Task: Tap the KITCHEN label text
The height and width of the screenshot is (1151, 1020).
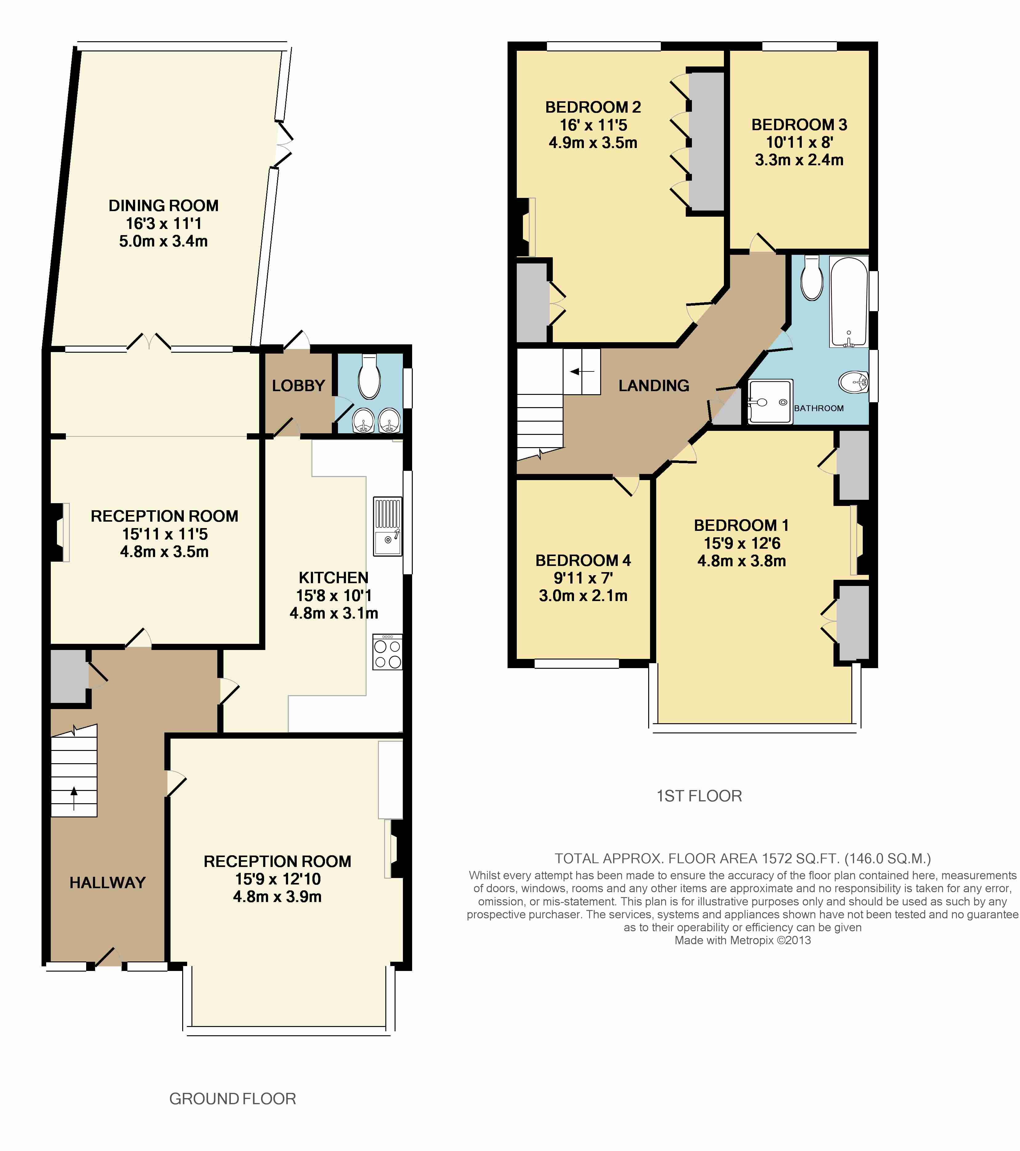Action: click(x=333, y=578)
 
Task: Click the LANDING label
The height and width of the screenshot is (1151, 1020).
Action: click(x=654, y=386)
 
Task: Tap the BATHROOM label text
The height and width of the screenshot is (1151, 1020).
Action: click(x=819, y=408)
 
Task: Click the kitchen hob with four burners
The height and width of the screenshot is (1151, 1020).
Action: click(x=388, y=652)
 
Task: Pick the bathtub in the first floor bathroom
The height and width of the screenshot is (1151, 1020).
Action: click(x=849, y=302)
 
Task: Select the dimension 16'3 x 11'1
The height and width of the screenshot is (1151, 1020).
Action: click(x=163, y=223)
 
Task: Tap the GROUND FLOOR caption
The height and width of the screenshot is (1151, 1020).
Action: click(x=233, y=1099)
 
